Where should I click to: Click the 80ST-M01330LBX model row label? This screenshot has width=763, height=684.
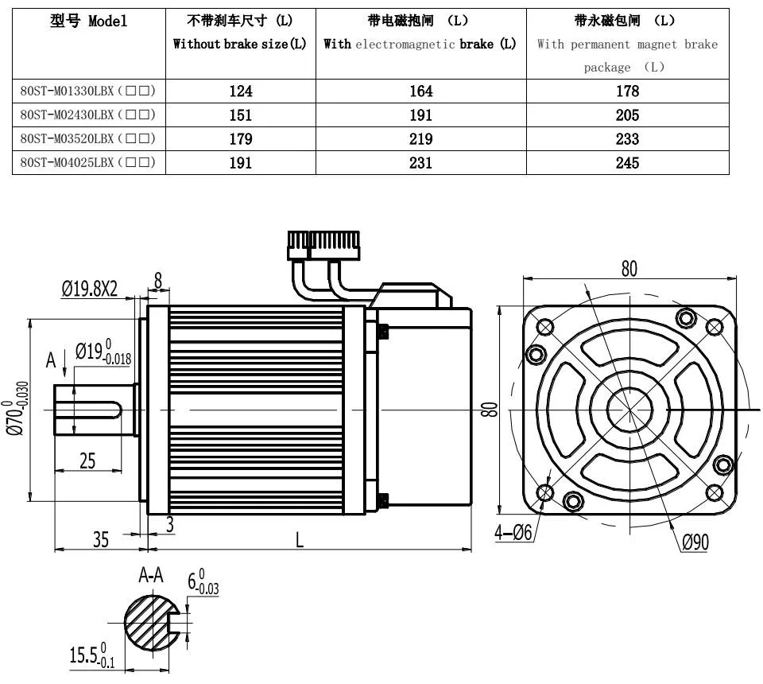pos(87,91)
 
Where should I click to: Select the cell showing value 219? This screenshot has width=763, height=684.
pos(421,138)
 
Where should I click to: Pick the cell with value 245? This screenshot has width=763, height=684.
pos(627,162)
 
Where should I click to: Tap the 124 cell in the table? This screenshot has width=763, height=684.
pos(241,91)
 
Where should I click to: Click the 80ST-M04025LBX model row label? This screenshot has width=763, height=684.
pos(87,162)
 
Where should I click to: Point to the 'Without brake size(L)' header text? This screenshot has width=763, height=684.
pos(240,44)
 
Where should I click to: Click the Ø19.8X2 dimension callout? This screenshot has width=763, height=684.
pos(90,289)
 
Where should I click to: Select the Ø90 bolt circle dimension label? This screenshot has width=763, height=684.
pos(695,542)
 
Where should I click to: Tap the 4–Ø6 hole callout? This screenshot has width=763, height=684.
pos(513,532)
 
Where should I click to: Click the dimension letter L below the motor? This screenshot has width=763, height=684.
pos(300,539)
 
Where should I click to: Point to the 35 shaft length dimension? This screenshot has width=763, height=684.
pos(101,539)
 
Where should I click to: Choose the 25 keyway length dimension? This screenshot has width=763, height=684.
pos(87,461)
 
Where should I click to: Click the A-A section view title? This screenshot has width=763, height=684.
pos(151,576)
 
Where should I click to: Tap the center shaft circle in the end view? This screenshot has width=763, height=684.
pos(630,410)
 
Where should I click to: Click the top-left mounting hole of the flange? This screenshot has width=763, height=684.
pos(544,326)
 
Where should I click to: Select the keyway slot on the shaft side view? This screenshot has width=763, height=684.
pos(88,410)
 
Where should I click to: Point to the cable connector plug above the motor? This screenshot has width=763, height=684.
pos(323,245)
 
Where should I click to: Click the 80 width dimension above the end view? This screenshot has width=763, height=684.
pos(629,269)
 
